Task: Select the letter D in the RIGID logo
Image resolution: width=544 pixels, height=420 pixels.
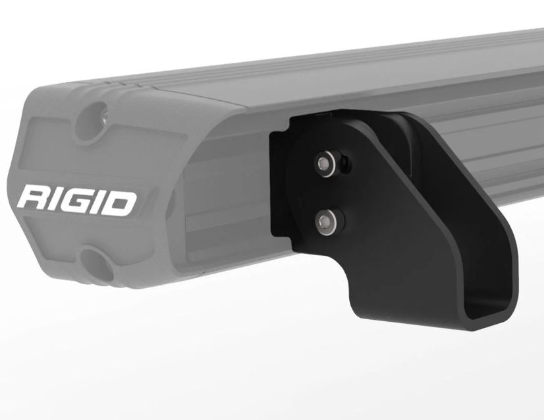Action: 121,203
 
